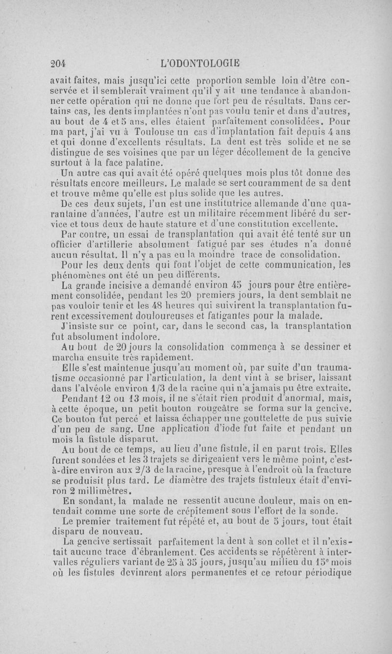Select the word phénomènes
click(x=76, y=276)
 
